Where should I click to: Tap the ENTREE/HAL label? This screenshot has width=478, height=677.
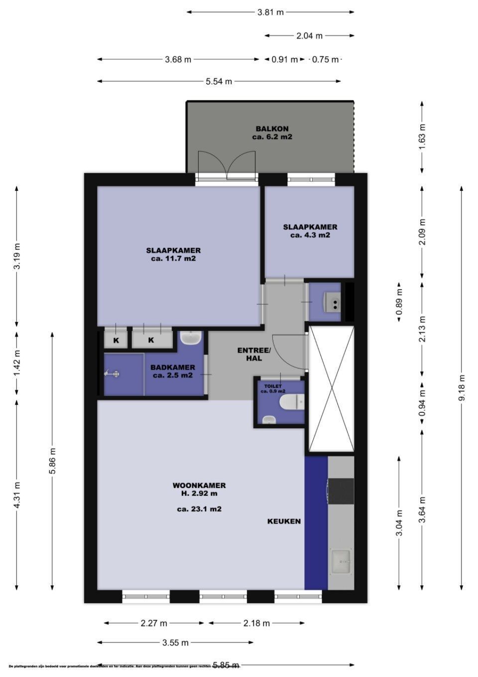coord(254,354)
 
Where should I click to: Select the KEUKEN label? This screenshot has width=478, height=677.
coord(284,521)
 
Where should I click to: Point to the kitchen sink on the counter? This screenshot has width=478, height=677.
coord(341,561)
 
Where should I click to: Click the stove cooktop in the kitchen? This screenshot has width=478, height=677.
coord(341,491)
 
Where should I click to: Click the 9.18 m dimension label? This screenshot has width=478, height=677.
coord(462,388)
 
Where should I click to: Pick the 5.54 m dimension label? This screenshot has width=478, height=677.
coord(219,81)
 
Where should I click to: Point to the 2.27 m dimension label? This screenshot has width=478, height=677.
coord(154,623)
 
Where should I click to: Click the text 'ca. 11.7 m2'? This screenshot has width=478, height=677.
coord(173,259)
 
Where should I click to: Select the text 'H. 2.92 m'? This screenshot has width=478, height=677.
coord(199,494)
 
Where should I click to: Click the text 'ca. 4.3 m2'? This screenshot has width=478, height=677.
coord(310,235)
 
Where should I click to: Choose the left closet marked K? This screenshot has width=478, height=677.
coord(116,340)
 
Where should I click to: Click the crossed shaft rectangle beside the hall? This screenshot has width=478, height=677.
coord(331,389)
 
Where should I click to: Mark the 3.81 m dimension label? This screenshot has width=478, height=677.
coord(270,12)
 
